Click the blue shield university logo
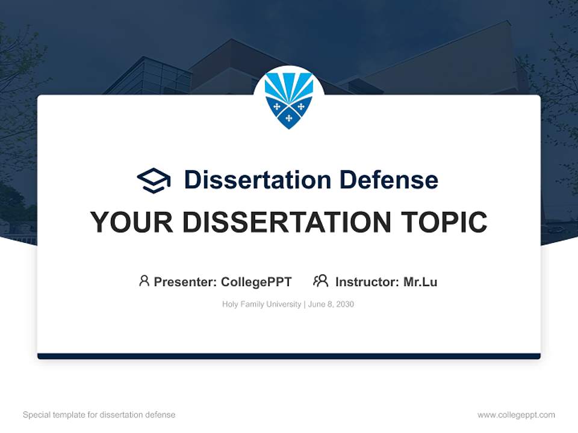pyautogui.click(x=289, y=100)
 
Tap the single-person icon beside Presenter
pyautogui.click(x=144, y=281)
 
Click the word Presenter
pyautogui.click(x=185, y=281)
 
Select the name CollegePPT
pyautogui.click(x=256, y=281)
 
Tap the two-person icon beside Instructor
pyautogui.click(x=321, y=281)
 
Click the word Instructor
pyautogui.click(x=367, y=281)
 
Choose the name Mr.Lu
pyautogui.click(x=420, y=281)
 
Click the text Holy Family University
pyautogui.click(x=261, y=304)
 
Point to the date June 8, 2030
pyautogui.click(x=331, y=304)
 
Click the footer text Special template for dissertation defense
pyautogui.click(x=99, y=415)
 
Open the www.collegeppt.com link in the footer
pyautogui.click(x=516, y=415)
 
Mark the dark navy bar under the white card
pyautogui.click(x=289, y=356)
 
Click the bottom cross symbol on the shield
pyautogui.click(x=289, y=118)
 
